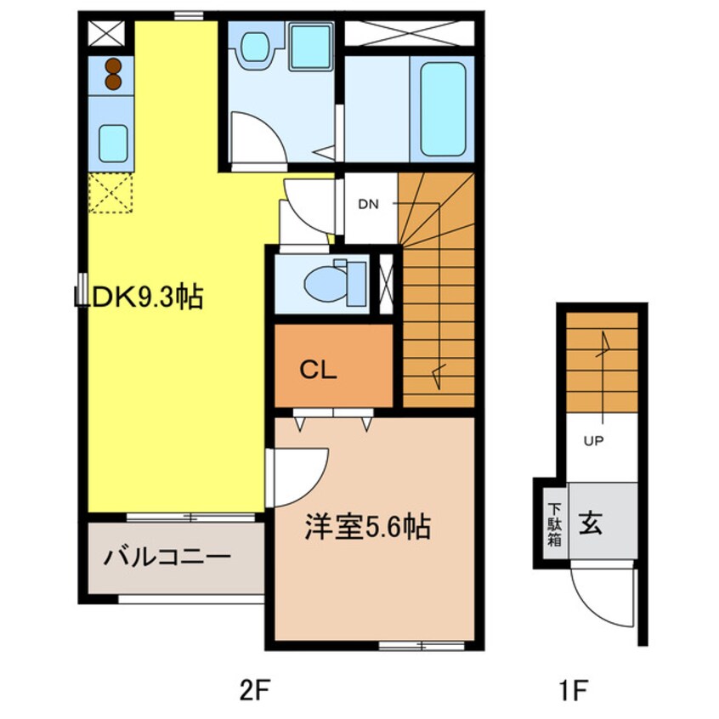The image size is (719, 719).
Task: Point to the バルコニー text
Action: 168,558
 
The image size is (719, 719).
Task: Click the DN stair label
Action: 367,204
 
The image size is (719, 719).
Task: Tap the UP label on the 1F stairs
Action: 592,440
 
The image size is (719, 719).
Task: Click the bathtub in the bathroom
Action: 442,109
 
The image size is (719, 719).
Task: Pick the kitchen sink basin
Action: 112,143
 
